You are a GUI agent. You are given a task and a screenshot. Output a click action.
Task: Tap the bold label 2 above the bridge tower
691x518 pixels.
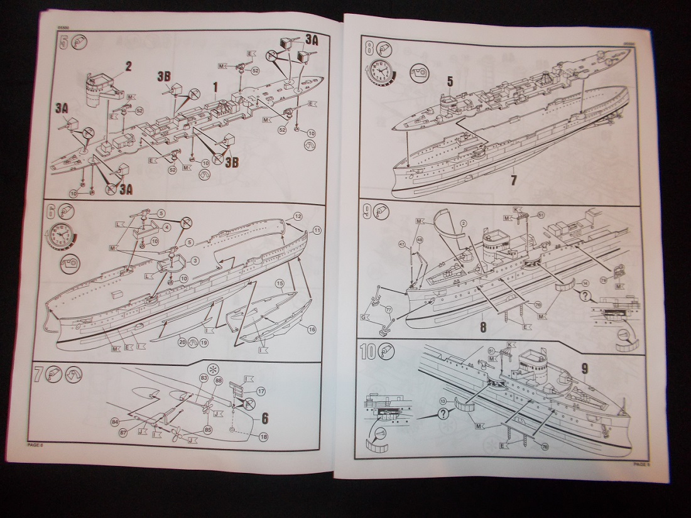[x=128, y=65]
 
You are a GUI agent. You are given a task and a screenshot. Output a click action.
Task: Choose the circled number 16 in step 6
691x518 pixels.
[x=312, y=328]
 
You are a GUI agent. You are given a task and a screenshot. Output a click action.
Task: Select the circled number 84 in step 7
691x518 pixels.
[x=116, y=421]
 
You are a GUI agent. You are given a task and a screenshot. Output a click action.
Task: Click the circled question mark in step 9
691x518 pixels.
[x=585, y=295]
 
